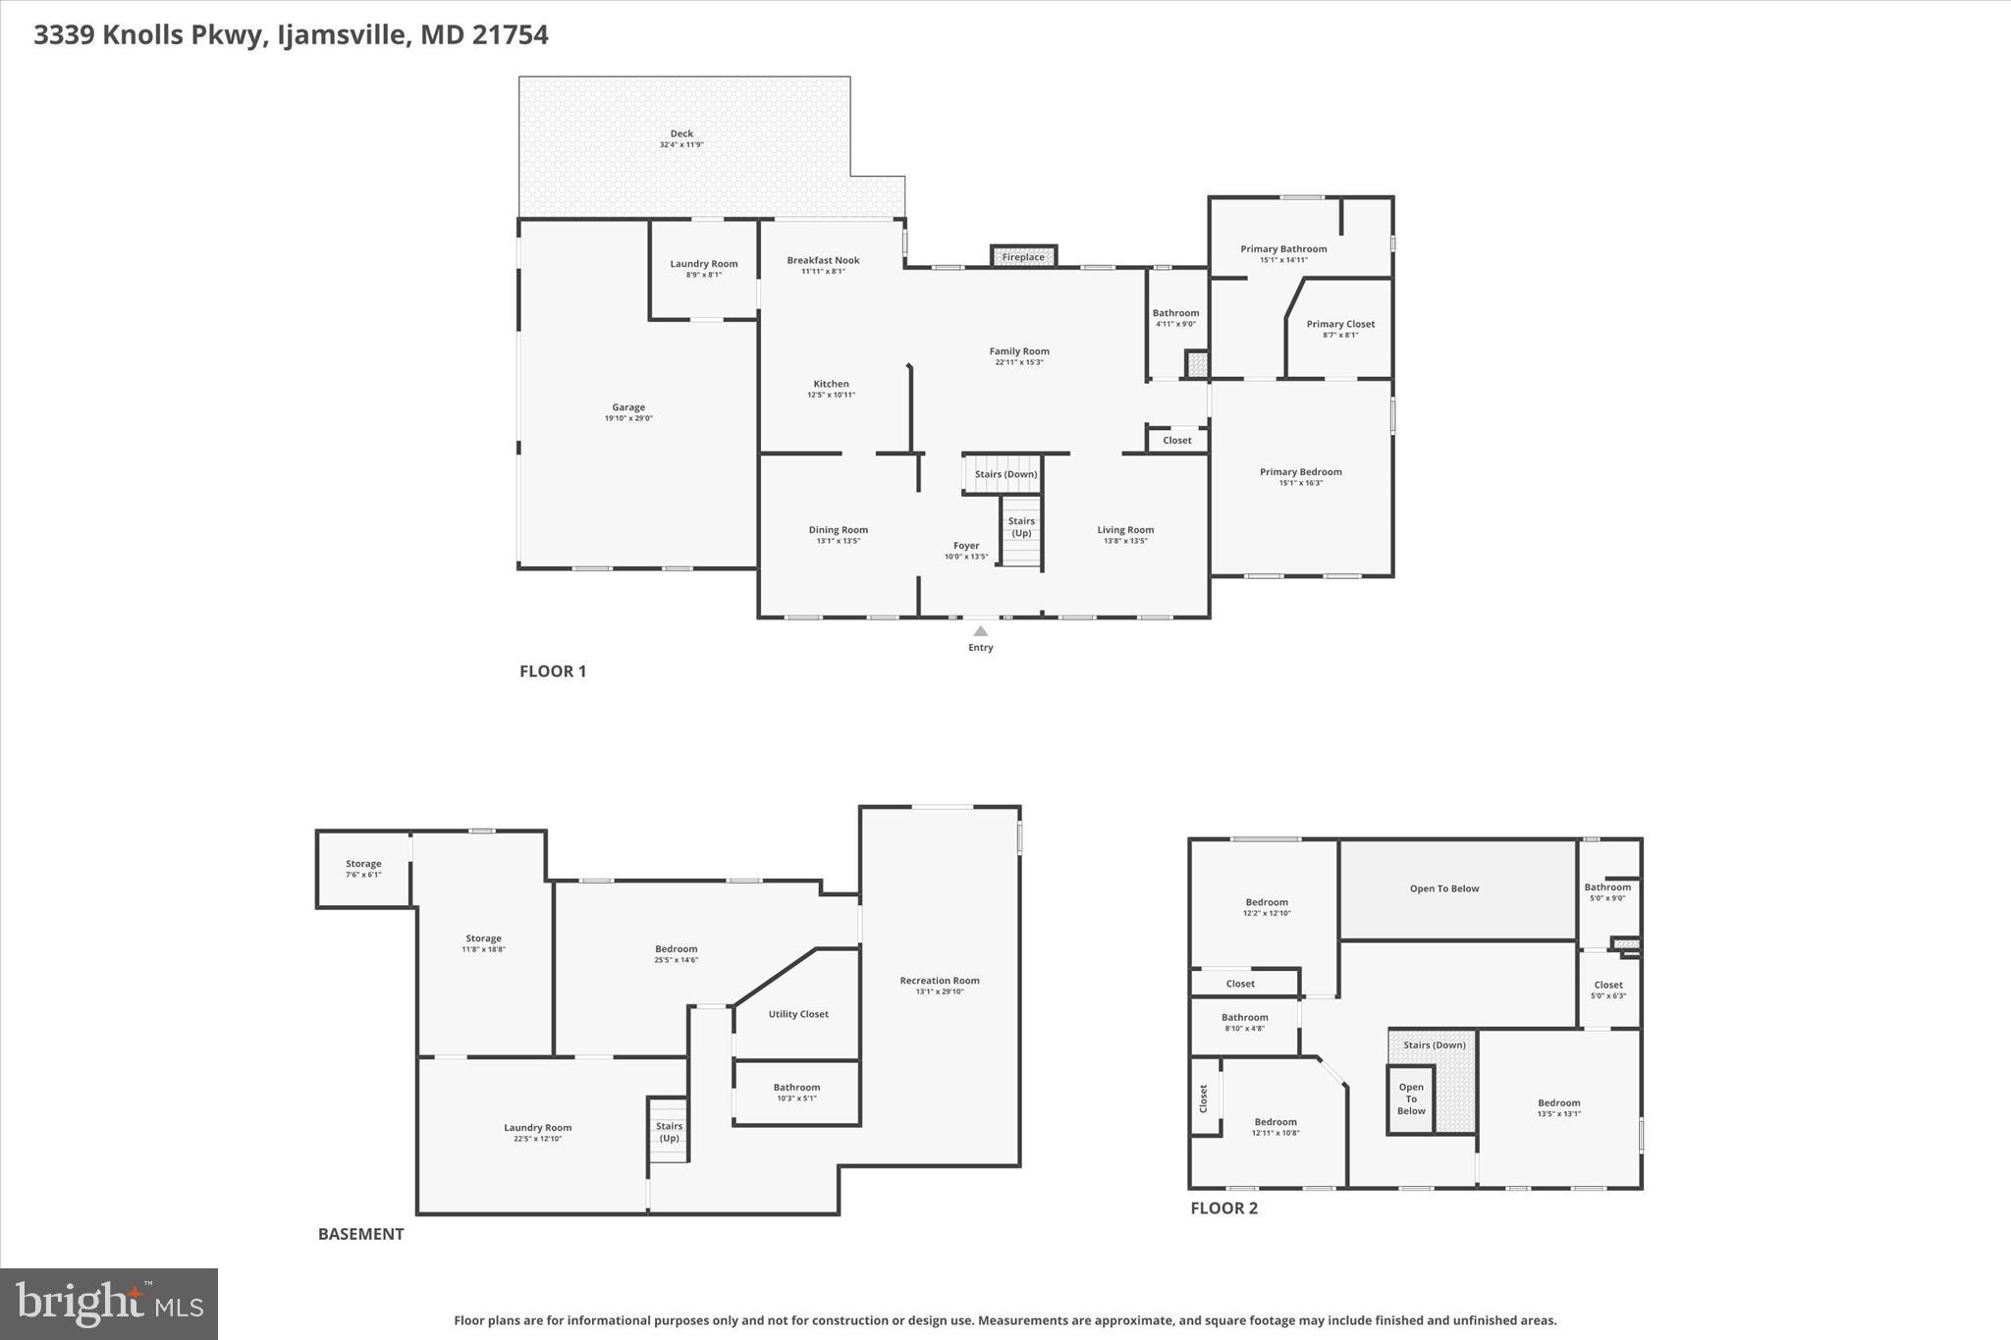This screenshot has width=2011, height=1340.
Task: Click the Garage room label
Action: (x=628, y=407)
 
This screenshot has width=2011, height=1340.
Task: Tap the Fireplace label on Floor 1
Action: (x=1023, y=257)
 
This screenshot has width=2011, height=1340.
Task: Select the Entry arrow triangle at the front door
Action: (x=980, y=631)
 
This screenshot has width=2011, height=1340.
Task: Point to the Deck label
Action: (x=681, y=134)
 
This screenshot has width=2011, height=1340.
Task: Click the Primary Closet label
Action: (x=1340, y=324)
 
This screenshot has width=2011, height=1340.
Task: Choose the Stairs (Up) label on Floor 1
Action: (x=1021, y=527)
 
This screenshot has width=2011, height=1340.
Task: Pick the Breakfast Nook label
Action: (x=823, y=260)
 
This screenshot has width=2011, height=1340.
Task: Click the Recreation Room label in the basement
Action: (x=940, y=980)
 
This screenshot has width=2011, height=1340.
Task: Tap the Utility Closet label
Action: (x=798, y=1014)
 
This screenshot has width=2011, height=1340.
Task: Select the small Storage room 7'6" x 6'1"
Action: (x=363, y=869)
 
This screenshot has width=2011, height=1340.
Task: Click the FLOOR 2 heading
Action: (x=1223, y=1208)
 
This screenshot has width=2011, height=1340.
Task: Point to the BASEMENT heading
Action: (x=360, y=1234)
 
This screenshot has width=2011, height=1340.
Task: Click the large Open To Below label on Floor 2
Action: (x=1443, y=888)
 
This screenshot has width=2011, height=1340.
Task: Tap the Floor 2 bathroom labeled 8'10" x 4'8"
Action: (x=1244, y=1022)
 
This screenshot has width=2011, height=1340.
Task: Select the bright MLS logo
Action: (x=109, y=1304)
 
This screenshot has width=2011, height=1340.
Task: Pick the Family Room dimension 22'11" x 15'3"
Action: (x=1019, y=362)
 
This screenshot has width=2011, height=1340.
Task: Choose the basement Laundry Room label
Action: (x=537, y=1128)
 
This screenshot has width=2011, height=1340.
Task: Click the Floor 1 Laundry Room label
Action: (x=703, y=263)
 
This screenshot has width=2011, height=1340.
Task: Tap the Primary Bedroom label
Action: (x=1300, y=472)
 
